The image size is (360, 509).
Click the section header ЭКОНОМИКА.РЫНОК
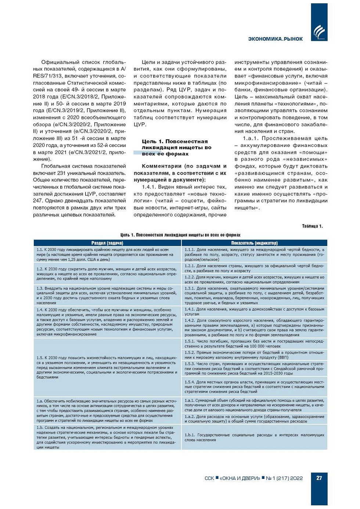(x=276, y=39)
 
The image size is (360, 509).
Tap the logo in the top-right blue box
(x=318, y=32)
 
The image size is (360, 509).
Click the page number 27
(x=319, y=478)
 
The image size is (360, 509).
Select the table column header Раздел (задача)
(x=107, y=243)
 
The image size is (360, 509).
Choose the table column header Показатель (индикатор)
(x=254, y=243)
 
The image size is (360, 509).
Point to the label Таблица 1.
(x=312, y=226)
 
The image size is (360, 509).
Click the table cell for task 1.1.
(x=107, y=254)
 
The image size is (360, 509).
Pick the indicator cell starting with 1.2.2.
(x=254, y=279)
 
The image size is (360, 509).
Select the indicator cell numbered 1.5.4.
(x=254, y=387)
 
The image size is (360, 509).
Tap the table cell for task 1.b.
(x=107, y=437)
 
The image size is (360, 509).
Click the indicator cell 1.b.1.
(x=254, y=437)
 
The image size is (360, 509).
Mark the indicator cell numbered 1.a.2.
(x=254, y=419)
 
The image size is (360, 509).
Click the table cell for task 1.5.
(x=107, y=367)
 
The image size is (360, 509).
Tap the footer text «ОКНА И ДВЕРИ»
(x=240, y=478)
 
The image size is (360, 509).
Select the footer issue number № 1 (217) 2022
(x=284, y=478)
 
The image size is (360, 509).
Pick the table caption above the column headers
(x=180, y=235)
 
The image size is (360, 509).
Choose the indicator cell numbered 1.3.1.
(x=254, y=295)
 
